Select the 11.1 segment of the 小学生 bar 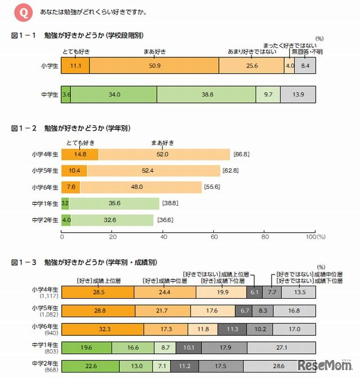point(76,66)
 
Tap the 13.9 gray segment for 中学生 point(298,94)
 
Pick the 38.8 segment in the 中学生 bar point(206,94)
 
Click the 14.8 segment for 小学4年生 point(80,155)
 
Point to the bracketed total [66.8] point(241,155)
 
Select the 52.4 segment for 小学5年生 point(154,171)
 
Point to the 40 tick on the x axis point(164,237)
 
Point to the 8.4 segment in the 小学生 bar point(305,66)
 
